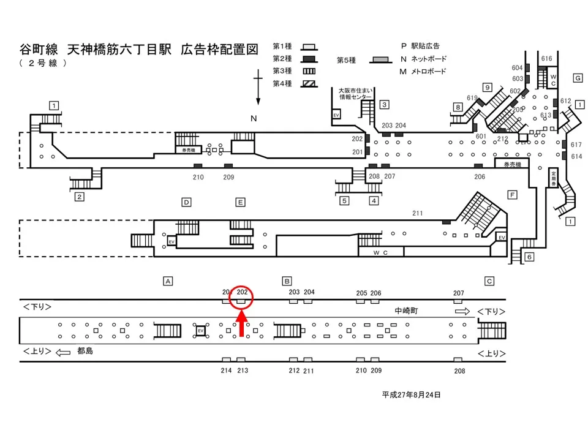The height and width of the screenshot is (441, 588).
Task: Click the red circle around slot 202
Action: tap(241, 300)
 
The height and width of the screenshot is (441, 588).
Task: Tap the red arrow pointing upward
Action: tap(241, 325)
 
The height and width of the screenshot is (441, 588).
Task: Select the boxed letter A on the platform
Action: tap(167, 281)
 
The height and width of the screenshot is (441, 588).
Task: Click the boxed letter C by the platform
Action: tap(489, 281)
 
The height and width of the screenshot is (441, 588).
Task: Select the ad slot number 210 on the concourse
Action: tap(197, 177)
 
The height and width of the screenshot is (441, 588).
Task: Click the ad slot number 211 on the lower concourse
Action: tap(418, 213)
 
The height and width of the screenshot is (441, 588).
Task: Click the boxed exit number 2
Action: tap(79, 197)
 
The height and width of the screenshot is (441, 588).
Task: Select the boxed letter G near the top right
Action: tap(577, 78)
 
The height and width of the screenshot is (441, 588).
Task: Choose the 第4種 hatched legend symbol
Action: tap(310, 83)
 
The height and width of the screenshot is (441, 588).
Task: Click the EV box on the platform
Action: tap(200, 331)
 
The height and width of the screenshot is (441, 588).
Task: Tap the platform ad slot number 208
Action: tap(459, 371)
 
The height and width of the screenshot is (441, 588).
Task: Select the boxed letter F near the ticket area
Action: tap(512, 195)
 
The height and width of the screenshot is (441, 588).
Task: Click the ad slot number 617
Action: tap(576, 145)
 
